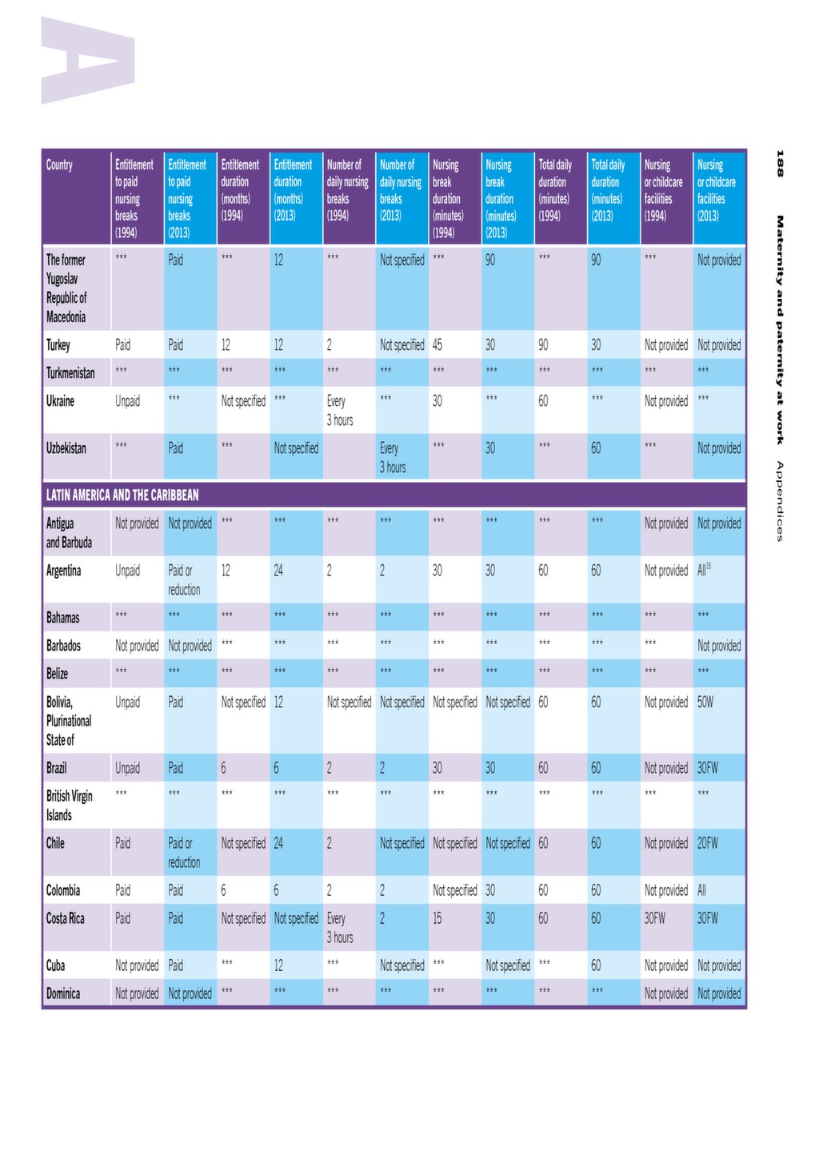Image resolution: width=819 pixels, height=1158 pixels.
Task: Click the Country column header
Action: (x=59, y=165)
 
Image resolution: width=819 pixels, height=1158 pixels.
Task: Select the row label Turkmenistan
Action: (x=70, y=372)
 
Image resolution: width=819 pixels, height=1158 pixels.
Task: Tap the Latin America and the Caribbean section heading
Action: (x=122, y=495)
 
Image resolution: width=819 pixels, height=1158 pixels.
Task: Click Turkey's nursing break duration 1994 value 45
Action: (x=437, y=344)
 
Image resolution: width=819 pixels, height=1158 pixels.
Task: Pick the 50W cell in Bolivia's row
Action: (x=705, y=702)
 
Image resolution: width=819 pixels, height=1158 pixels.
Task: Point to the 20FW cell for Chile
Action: (x=707, y=843)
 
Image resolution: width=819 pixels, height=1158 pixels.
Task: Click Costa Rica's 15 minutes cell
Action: (x=437, y=918)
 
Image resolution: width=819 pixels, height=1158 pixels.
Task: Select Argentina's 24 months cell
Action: (x=278, y=571)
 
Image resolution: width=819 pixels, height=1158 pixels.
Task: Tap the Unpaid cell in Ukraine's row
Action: (x=127, y=401)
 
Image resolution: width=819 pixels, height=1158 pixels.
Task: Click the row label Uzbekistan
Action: (x=66, y=448)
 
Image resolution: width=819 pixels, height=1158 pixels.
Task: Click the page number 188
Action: (x=780, y=163)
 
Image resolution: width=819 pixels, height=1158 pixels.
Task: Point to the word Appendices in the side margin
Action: (x=780, y=501)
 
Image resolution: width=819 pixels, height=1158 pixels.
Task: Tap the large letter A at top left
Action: (x=88, y=60)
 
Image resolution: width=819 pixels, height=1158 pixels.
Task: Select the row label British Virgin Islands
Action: (x=70, y=806)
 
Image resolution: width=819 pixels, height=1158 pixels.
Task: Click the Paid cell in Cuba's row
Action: (x=175, y=965)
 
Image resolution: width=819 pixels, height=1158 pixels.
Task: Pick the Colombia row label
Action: (x=63, y=890)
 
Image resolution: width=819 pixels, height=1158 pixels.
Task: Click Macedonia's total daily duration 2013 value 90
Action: (x=596, y=260)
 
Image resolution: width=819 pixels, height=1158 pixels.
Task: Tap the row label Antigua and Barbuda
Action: (x=69, y=533)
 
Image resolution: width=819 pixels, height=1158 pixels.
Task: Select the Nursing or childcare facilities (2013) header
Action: (x=716, y=190)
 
